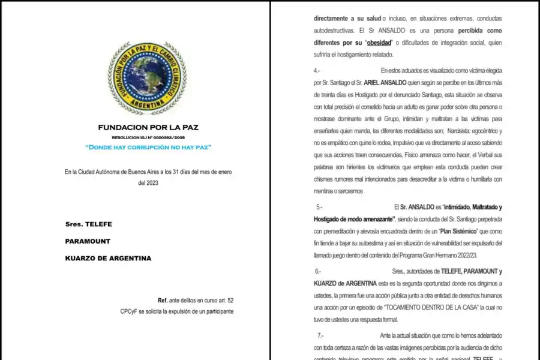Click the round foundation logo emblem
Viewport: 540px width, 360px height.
tap(148, 79)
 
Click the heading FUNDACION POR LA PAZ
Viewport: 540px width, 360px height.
tap(148, 127)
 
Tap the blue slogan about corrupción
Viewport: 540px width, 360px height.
tap(148, 147)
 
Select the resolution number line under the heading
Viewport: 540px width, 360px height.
tap(148, 137)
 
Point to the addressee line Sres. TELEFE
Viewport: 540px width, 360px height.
tap(89, 224)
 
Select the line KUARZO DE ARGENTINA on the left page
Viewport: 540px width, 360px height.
tap(108, 258)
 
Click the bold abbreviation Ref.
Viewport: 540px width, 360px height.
tap(162, 299)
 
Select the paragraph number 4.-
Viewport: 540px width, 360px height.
tap(317, 71)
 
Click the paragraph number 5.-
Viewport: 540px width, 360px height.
tap(319, 206)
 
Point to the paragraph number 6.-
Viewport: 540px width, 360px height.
tap(318, 271)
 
